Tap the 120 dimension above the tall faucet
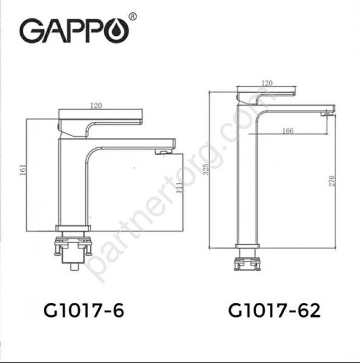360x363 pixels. [267, 82]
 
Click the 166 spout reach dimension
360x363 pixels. [288, 131]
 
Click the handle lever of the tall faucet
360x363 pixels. [266, 94]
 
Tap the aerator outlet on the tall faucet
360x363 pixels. [326, 113]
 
